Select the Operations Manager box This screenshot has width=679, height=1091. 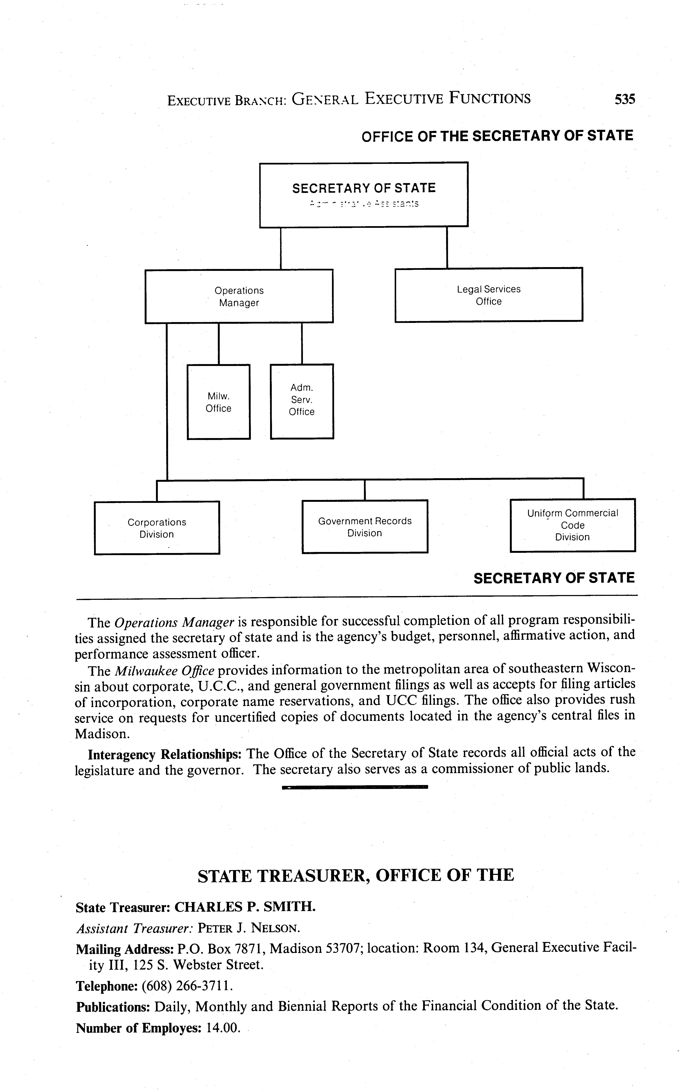tap(239, 296)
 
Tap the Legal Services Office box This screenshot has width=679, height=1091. tap(489, 295)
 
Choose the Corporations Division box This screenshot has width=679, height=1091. tap(157, 528)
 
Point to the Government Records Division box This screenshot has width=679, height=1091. tap(365, 527)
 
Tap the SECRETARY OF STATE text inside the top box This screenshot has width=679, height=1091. tap(364, 188)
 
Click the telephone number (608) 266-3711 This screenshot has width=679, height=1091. tap(187, 986)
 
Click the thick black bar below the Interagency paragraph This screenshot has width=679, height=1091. tap(355, 787)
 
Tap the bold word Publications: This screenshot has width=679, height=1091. tap(113, 1007)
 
